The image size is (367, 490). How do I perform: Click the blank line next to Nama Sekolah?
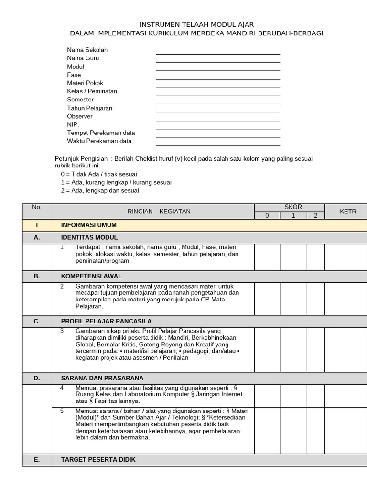click(x=218, y=51)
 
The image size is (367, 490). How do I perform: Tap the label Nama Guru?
click(x=83, y=58)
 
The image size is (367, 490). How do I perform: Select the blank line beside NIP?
click(x=218, y=126)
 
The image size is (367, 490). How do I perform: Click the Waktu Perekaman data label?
click(x=99, y=141)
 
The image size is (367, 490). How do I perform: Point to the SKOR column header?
click(x=293, y=207)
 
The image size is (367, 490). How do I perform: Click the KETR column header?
click(x=347, y=212)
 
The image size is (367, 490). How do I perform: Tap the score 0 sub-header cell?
click(x=267, y=216)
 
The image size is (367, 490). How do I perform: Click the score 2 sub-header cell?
click(x=315, y=216)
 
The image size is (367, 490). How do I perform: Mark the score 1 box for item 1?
click(x=293, y=257)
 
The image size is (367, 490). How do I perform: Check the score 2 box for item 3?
click(x=315, y=350)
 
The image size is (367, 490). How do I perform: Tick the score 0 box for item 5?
click(x=267, y=430)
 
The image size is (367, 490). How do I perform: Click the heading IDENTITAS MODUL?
click(x=89, y=237)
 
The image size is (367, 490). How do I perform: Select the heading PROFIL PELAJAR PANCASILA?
click(x=106, y=321)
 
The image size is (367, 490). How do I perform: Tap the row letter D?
click(x=37, y=378)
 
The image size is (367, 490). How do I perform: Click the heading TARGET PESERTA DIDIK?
click(x=98, y=459)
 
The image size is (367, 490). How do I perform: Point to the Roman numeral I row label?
click(x=37, y=225)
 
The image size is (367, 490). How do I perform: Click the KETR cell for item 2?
click(x=347, y=299)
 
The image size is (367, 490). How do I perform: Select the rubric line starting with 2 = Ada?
click(x=100, y=191)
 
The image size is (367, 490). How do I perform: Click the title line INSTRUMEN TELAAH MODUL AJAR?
click(x=196, y=24)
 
